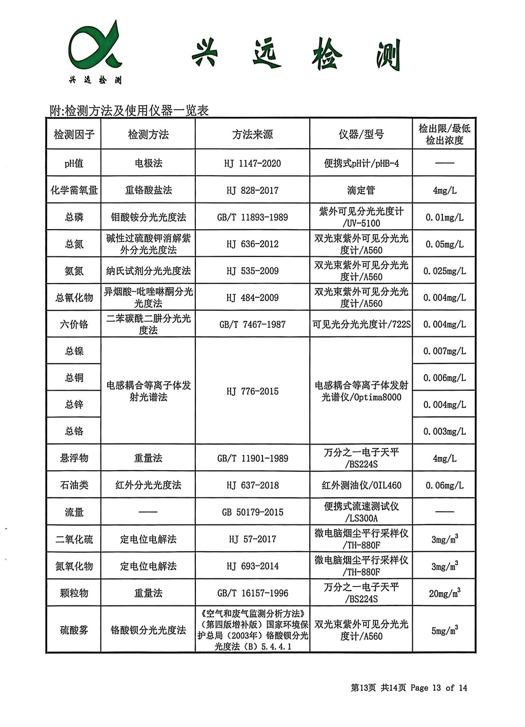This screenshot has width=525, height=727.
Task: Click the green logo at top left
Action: point(95,51)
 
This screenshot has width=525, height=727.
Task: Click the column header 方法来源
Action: point(252,134)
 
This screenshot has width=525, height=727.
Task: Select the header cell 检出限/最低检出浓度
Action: point(444,134)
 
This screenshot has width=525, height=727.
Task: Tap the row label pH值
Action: point(74,164)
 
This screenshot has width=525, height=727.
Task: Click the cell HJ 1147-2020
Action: point(252,164)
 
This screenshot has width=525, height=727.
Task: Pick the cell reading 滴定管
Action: point(361,190)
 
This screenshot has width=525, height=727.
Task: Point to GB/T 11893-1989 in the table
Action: point(252,217)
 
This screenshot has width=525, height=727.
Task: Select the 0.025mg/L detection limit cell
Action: point(444,271)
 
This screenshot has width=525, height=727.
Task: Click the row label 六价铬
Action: point(74,325)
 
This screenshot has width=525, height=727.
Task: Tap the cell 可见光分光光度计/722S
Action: point(361,325)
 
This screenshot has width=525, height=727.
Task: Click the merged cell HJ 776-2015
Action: point(252,391)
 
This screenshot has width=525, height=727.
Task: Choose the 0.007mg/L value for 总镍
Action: point(444,351)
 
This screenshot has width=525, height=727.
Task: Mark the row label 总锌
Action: point(74,405)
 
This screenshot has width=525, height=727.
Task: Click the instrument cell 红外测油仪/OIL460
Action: point(361,485)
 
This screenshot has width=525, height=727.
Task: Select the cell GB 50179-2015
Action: point(252,512)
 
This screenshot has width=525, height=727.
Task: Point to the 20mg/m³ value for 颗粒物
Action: point(444,593)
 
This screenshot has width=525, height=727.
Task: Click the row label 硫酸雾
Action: point(74,630)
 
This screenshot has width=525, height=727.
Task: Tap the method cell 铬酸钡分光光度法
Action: point(148,630)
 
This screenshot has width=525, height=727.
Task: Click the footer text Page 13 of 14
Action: point(438,688)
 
